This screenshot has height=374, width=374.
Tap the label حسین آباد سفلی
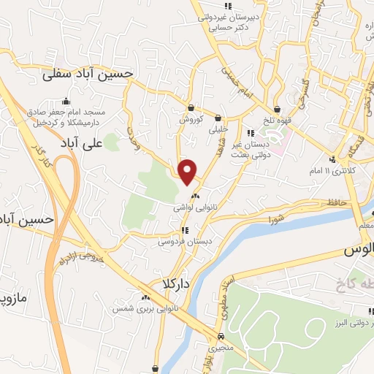click(x=88, y=74)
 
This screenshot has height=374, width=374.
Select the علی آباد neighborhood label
click(x=79, y=141)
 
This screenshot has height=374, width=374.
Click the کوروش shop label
click(x=191, y=118)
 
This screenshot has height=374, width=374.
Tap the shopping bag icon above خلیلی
click(x=218, y=116)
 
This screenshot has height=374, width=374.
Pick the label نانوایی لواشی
click(x=194, y=208)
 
